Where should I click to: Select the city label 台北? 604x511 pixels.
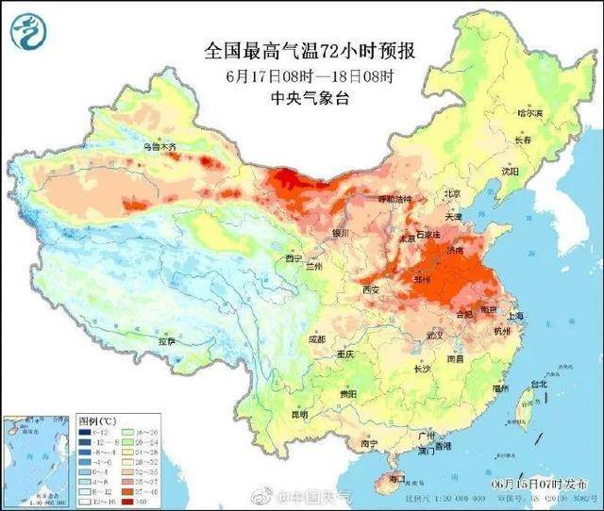point(538,385)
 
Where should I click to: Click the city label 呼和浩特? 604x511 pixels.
point(394,200)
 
